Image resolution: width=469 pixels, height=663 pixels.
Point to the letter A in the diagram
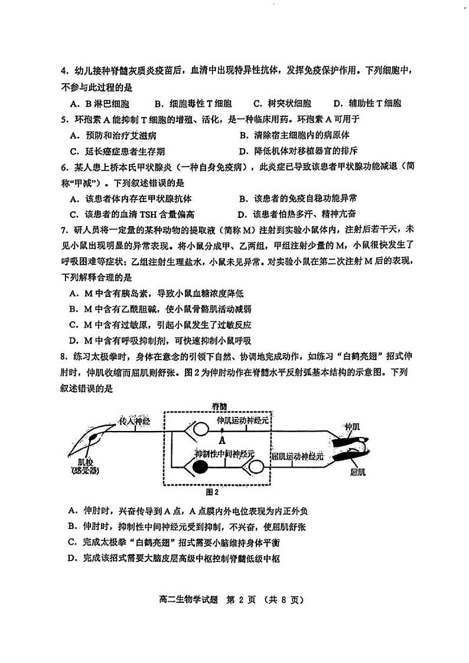(x=222, y=439)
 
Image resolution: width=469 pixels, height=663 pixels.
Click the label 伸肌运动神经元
(x=242, y=421)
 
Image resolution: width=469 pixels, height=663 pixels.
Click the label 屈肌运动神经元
(x=297, y=456)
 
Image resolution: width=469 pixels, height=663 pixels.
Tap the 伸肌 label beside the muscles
(x=352, y=426)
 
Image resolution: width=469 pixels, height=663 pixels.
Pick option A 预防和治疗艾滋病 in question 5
(x=112, y=135)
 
